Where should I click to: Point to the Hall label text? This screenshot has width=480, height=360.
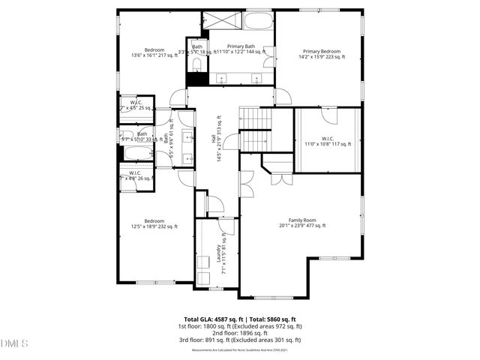pyautogui.click(x=216, y=140)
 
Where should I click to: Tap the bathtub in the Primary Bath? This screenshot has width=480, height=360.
pyautogui.click(x=259, y=20)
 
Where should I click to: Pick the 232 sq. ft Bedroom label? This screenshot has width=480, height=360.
pyautogui.click(x=154, y=223)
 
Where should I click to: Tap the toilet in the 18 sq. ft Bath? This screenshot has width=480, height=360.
pyautogui.click(x=196, y=67)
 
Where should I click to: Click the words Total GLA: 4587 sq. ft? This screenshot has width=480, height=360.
pyautogui.click(x=210, y=319)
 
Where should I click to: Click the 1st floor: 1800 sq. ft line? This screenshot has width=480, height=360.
pyautogui.click(x=240, y=325)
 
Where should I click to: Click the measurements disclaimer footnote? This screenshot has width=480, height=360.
pyautogui.click(x=240, y=349)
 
